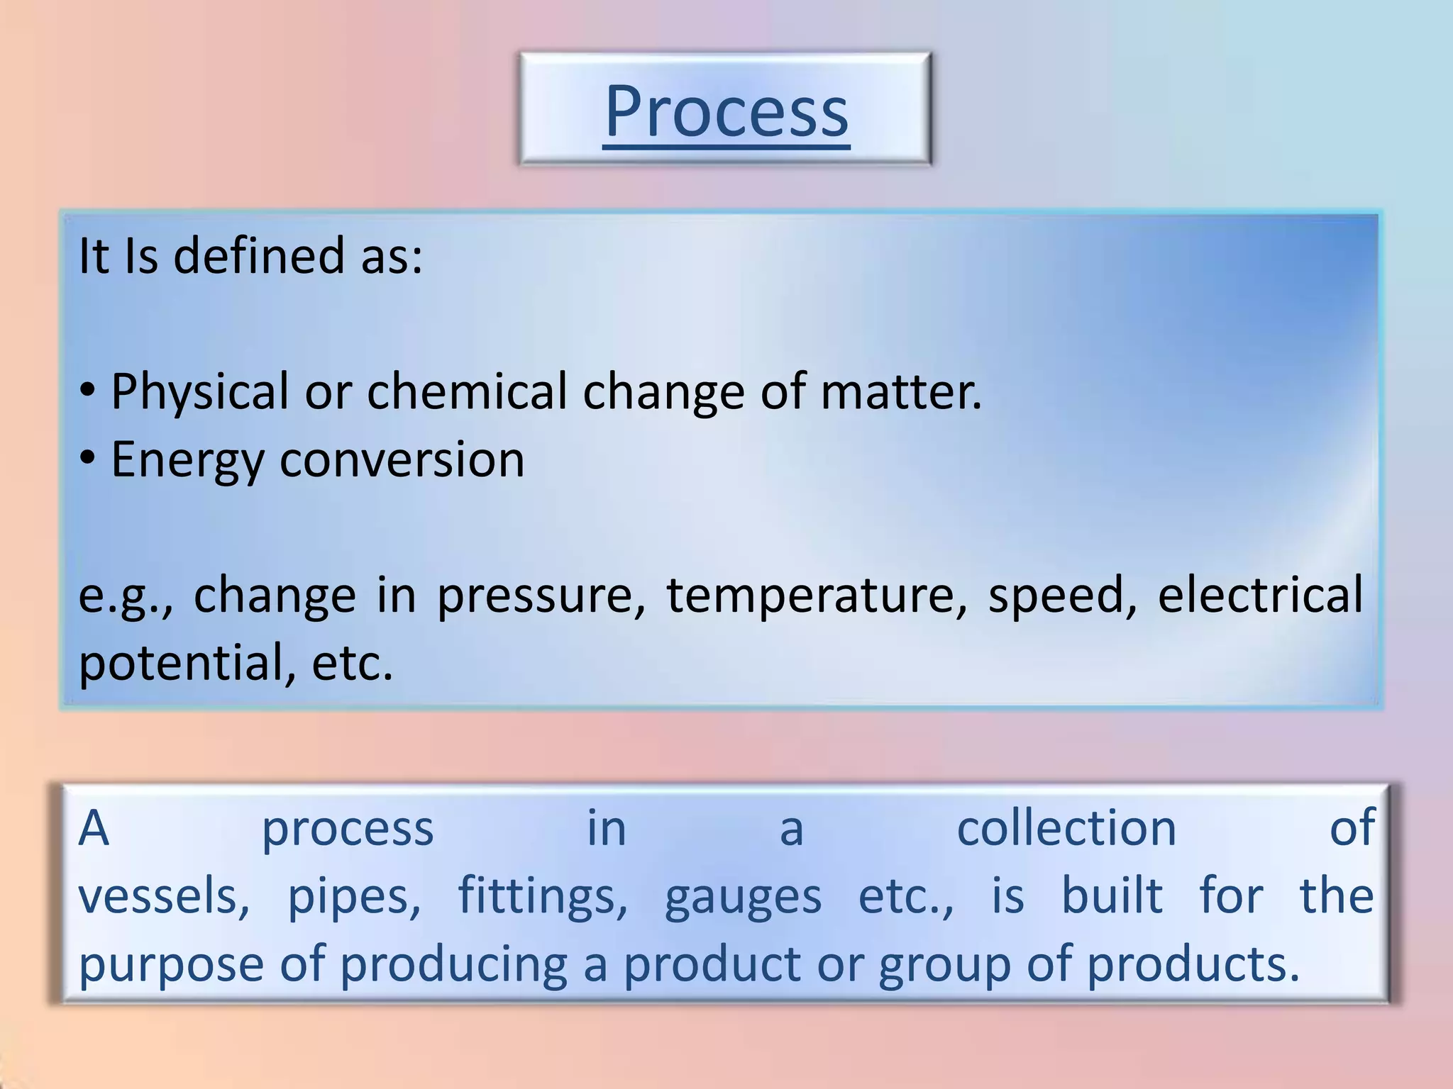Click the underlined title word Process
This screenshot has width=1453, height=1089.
click(726, 111)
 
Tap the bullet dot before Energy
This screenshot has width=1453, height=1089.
click(87, 459)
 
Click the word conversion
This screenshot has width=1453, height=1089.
click(402, 459)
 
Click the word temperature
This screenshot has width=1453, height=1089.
click(817, 596)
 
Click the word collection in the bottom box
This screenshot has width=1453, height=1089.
click(1066, 828)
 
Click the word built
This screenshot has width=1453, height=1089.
click(1112, 895)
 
